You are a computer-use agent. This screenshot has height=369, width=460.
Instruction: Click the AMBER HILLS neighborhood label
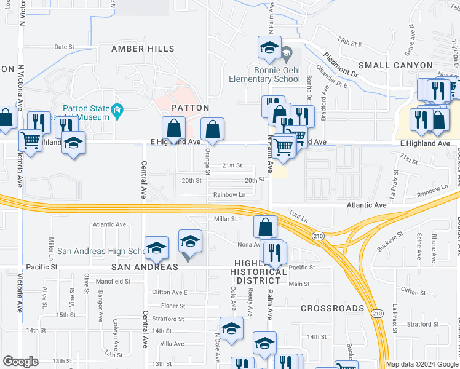143,49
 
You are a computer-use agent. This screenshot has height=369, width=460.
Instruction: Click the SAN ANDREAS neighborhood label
145,268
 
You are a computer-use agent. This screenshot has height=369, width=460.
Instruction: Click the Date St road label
64,46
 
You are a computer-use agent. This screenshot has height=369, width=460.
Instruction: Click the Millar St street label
225,219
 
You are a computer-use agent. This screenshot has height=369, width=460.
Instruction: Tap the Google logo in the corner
21,362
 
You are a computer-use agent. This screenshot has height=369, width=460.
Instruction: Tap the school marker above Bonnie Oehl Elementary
269,48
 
